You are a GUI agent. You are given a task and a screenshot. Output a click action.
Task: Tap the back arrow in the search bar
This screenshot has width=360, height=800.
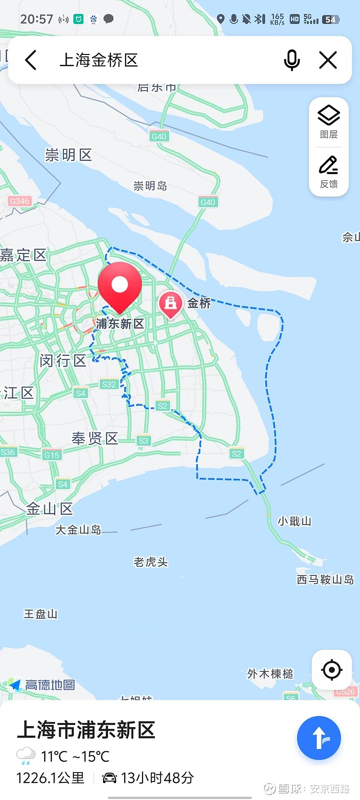pyautogui.click(x=31, y=60)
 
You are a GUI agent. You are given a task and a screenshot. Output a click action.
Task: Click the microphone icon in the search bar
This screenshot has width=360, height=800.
pyautogui.click(x=292, y=60)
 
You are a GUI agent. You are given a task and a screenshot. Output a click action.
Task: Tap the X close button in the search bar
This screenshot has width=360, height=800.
pyautogui.click(x=328, y=60)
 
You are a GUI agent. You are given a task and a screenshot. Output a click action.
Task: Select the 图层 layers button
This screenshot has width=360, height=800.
pyautogui.click(x=329, y=121)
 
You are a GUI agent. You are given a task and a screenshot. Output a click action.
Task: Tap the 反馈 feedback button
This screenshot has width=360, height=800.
pyautogui.click(x=329, y=171)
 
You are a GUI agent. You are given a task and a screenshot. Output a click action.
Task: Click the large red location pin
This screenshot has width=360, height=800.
pyautogui.click(x=120, y=286)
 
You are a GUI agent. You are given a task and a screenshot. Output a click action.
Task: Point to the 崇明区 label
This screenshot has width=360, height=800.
pyautogui.click(x=68, y=155)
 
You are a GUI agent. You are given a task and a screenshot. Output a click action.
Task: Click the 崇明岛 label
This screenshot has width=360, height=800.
pyautogui.click(x=150, y=186)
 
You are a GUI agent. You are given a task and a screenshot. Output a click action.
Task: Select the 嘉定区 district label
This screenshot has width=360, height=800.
pyautogui.click(x=23, y=255)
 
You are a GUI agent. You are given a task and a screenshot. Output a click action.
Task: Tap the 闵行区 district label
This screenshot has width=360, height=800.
pyautogui.click(x=63, y=360)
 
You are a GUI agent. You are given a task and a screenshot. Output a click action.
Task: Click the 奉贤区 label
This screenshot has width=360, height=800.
pyautogui.click(x=95, y=438)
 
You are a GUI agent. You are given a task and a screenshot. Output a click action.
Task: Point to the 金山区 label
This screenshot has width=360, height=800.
pyautogui.click(x=49, y=509)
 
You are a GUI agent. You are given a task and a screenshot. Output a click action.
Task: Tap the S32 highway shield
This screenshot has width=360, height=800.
pyautogui.click(x=109, y=384)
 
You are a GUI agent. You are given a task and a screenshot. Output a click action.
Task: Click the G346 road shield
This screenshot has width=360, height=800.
pyautogui.click(x=19, y=201)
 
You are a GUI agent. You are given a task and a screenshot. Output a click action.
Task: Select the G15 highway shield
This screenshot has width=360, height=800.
pyautogui.click(x=52, y=455)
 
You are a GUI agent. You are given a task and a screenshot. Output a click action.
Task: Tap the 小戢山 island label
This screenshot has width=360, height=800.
pyautogui.click(x=294, y=521)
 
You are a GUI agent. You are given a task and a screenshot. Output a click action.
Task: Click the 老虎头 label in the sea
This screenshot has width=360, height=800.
pyautogui.click(x=150, y=562)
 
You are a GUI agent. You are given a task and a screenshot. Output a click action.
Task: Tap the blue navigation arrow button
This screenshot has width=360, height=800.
pyautogui.click(x=319, y=738)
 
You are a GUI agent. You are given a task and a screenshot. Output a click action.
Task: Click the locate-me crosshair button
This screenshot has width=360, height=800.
pyautogui.click(x=332, y=670)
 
